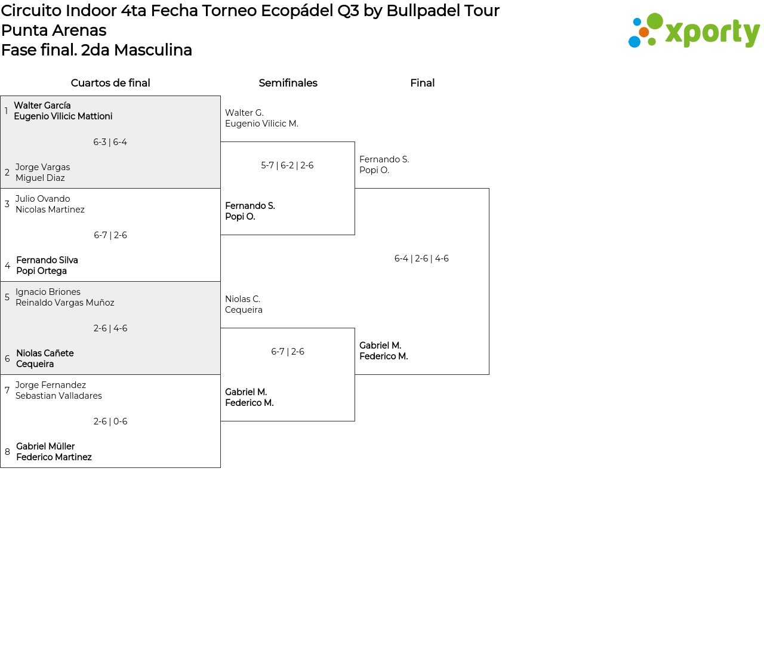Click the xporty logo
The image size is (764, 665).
[694, 30]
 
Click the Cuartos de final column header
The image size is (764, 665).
[110, 83]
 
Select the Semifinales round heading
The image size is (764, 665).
[288, 83]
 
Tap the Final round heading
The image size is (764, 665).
[422, 83]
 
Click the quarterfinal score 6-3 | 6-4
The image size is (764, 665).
[110, 142]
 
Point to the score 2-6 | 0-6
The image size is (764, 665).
[110, 421]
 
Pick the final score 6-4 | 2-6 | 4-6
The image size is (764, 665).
[421, 258]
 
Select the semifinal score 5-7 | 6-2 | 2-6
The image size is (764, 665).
[287, 165]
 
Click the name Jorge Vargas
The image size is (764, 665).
[42, 167]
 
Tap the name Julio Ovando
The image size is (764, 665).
[42, 199]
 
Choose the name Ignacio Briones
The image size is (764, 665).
[48, 292]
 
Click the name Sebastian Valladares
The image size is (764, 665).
[58, 396]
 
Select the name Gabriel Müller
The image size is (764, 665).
[45, 446]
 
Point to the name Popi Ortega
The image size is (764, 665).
[41, 270]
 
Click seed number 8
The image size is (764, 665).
[7, 452]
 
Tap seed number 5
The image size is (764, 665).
[7, 297]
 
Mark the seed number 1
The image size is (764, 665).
[7, 111]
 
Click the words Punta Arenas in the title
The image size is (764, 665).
[54, 30]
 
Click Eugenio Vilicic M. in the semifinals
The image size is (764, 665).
[261, 124]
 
